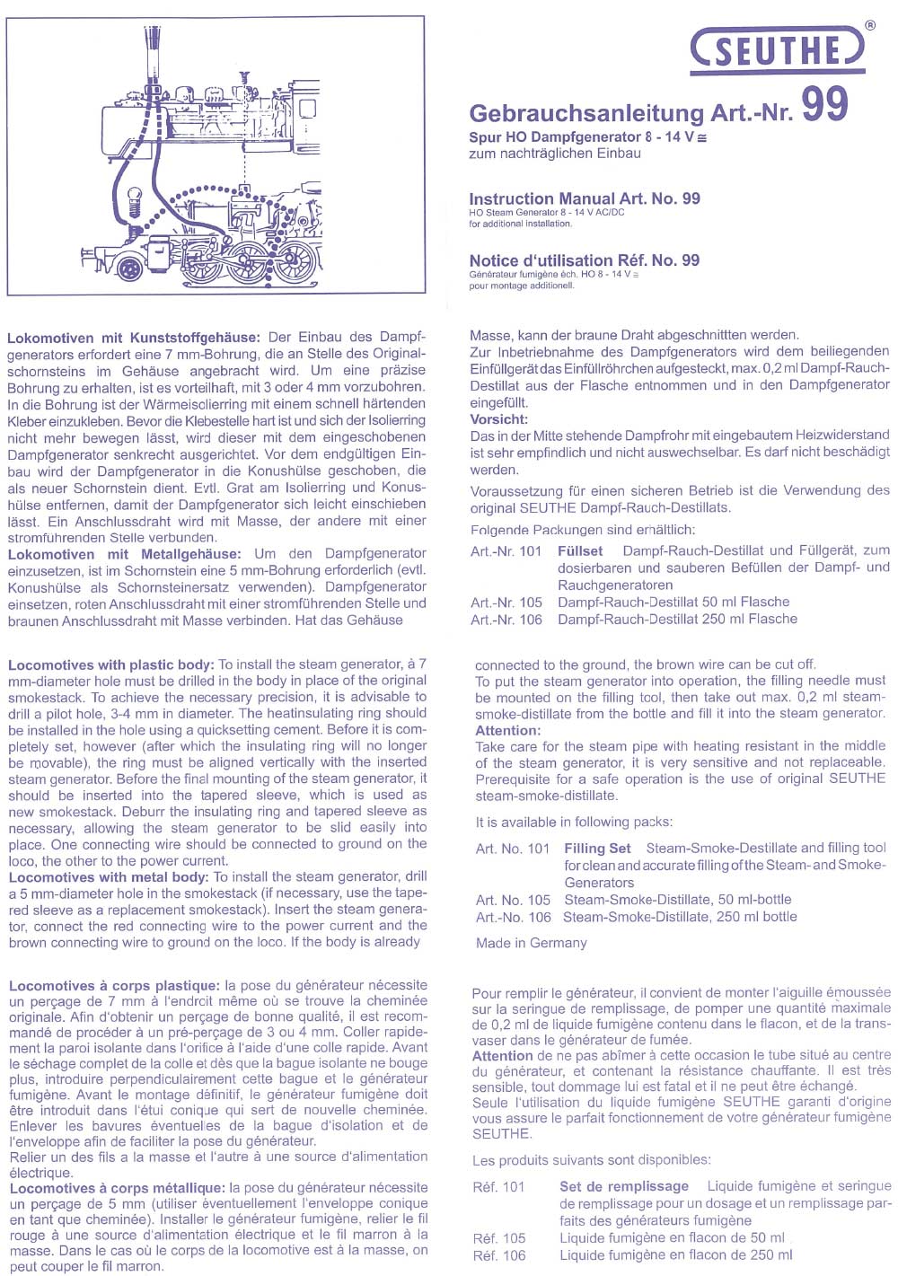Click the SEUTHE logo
point(778,50)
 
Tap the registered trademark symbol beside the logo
point(869,26)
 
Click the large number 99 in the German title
point(824,105)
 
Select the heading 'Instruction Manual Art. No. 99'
point(585,198)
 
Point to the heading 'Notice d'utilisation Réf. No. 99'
point(585,260)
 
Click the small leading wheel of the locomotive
point(131,267)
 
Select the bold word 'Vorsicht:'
point(499,419)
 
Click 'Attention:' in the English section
point(507,730)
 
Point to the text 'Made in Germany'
point(532,943)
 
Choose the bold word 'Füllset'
point(580,550)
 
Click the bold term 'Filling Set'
point(597,848)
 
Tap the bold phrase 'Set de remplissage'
point(624,1186)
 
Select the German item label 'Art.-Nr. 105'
point(506,602)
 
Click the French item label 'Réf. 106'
point(499,1255)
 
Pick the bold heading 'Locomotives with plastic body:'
point(111,665)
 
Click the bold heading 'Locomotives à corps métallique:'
point(118,1188)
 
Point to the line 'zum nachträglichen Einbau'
point(555,154)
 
